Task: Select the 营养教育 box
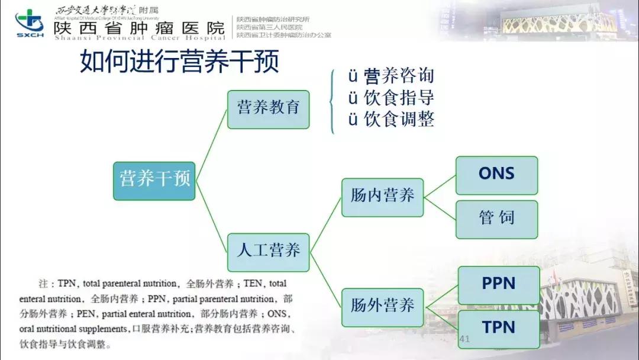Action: click(269, 110)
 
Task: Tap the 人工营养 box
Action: click(269, 252)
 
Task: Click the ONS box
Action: click(496, 175)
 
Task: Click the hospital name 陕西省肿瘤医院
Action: click(139, 28)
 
